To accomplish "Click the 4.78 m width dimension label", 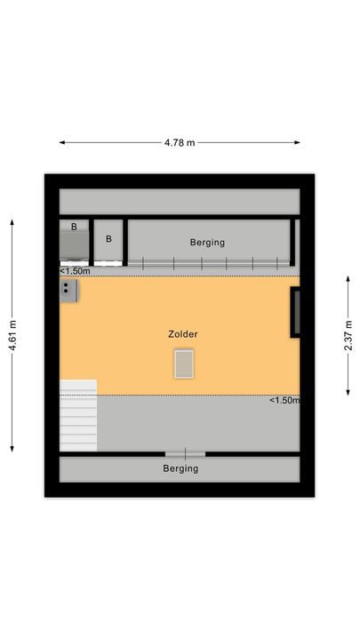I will click(x=180, y=141).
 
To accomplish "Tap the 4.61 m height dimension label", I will click(x=12, y=335).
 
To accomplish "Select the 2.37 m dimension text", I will click(x=348, y=335).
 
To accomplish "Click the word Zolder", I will click(x=182, y=334).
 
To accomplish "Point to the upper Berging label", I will click(x=207, y=242).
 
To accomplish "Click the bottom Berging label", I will click(x=180, y=468).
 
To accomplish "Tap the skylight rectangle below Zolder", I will click(x=184, y=363).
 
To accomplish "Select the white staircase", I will click(x=77, y=415).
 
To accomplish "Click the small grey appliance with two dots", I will click(x=68, y=288).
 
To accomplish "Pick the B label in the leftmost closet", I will click(x=74, y=227).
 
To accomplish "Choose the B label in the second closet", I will click(x=108, y=238).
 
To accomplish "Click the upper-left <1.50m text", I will click(x=75, y=270).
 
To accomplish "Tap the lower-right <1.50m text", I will click(x=284, y=401).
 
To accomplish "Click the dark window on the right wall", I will click(x=294, y=313).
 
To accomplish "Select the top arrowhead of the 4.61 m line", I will click(x=12, y=222).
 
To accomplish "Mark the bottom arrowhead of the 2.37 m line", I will click(x=348, y=393).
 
